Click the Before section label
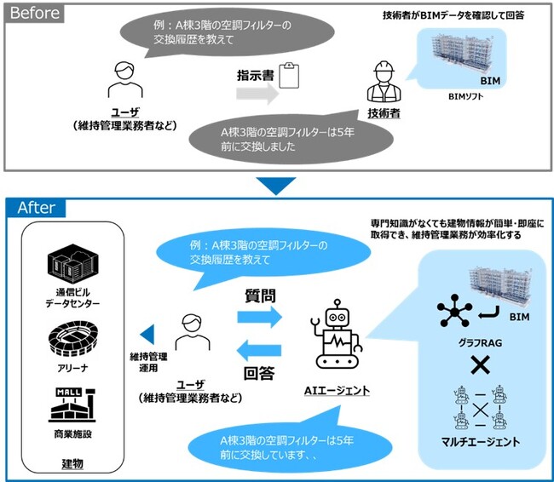34,13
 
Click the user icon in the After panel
188,332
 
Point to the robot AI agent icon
338,337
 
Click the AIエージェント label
338,389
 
